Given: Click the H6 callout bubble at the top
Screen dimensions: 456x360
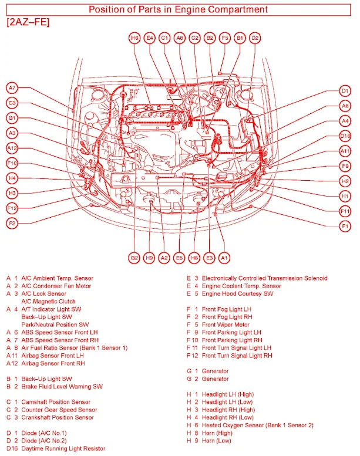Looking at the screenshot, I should click(134, 38).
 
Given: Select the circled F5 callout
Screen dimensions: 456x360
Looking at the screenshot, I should click(224, 38).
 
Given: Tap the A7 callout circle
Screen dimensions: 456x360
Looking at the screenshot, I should click(12, 88).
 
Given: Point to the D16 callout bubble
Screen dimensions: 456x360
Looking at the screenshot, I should click(345, 136).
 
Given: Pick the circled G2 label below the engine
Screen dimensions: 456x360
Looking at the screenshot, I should click(134, 258).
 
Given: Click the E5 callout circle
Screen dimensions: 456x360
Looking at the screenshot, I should click(179, 258).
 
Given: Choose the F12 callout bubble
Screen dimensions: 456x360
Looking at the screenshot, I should click(12, 208).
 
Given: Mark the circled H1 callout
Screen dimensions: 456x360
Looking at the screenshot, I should click(345, 196).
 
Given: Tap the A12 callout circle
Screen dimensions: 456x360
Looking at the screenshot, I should click(12, 148).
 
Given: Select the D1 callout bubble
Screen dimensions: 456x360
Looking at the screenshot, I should click(345, 90).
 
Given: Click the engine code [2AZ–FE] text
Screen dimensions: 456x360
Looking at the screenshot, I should click(28, 22).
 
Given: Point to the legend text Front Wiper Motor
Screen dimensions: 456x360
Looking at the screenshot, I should click(226, 324).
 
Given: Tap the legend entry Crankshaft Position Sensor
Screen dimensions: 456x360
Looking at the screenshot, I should click(58, 417).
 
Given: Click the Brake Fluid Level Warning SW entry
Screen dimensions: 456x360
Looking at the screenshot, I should click(62, 386).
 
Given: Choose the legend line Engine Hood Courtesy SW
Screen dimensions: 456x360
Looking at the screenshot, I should click(237, 293).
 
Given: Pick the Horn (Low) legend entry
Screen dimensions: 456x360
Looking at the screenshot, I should click(217, 440).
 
